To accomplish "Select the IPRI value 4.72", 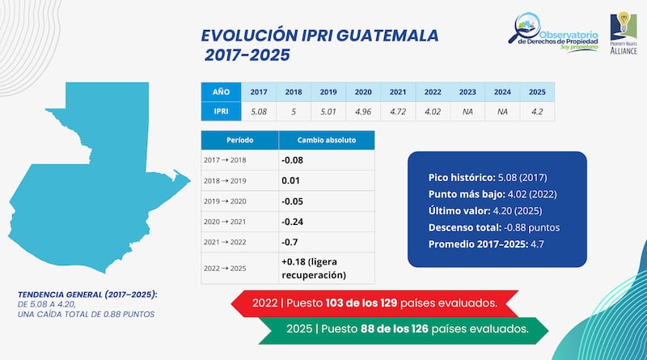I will click(x=399, y=112).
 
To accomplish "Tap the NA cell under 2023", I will click(x=468, y=112).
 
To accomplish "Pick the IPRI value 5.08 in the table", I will click(x=259, y=112).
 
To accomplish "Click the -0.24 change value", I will click(x=293, y=221).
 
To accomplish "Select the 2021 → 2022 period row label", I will click(x=226, y=242).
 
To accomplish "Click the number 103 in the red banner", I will click(x=336, y=303).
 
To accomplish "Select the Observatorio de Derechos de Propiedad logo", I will click(x=553, y=37).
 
